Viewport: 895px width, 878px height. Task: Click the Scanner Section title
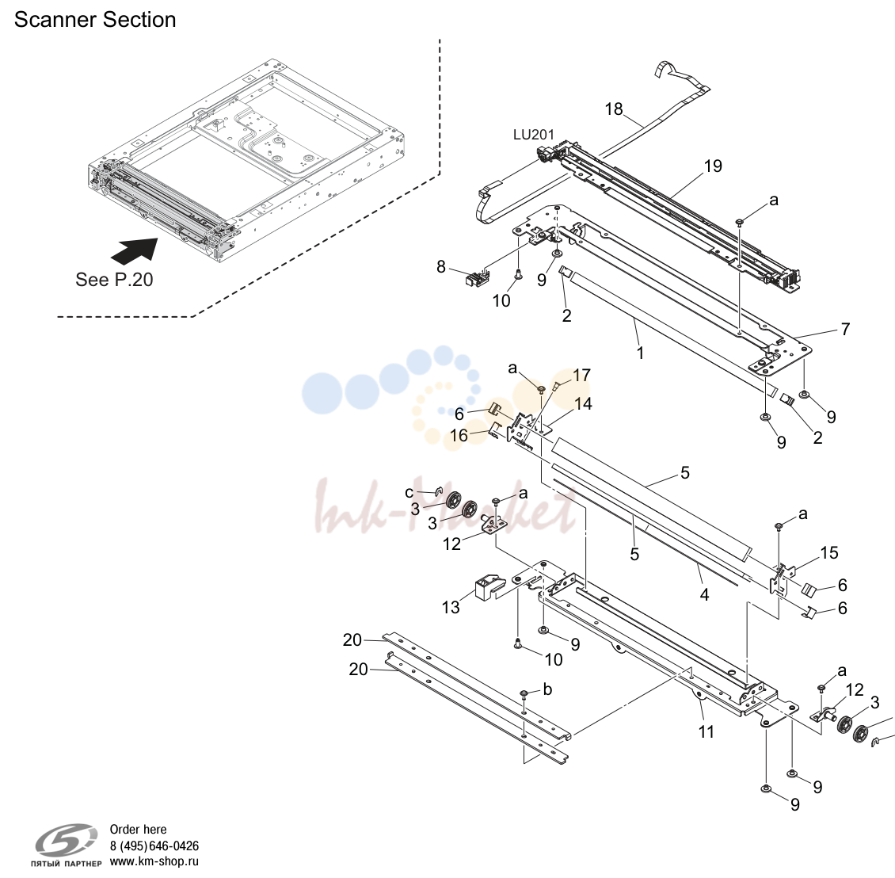pyautogui.click(x=95, y=20)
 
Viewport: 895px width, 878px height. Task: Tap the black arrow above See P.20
pyautogui.click(x=135, y=250)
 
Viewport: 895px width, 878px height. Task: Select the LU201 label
pyautogui.click(x=534, y=135)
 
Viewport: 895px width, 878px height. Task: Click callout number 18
pyautogui.click(x=614, y=109)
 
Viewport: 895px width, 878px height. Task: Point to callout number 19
pyautogui.click(x=713, y=166)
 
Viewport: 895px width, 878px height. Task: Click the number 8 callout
pyautogui.click(x=440, y=267)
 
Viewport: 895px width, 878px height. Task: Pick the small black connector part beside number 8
pyautogui.click(x=475, y=279)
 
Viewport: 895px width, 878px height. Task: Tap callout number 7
pyautogui.click(x=845, y=329)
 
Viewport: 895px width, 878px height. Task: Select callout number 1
pyautogui.click(x=641, y=353)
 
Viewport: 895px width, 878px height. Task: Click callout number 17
pyautogui.click(x=581, y=376)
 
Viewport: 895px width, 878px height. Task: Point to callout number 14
pyautogui.click(x=583, y=404)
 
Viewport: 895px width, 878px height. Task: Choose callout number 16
pyautogui.click(x=459, y=436)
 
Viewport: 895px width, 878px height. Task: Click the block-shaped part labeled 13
pyautogui.click(x=489, y=586)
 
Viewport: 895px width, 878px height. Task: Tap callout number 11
pyautogui.click(x=706, y=731)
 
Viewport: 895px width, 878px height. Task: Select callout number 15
pyautogui.click(x=828, y=552)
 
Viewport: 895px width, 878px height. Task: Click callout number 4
pyautogui.click(x=704, y=594)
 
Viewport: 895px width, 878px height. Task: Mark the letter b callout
pyautogui.click(x=547, y=689)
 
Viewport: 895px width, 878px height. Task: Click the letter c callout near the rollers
pyautogui.click(x=409, y=492)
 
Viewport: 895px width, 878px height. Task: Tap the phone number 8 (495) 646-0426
pyautogui.click(x=154, y=846)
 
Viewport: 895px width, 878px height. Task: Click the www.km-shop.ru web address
pyautogui.click(x=154, y=861)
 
